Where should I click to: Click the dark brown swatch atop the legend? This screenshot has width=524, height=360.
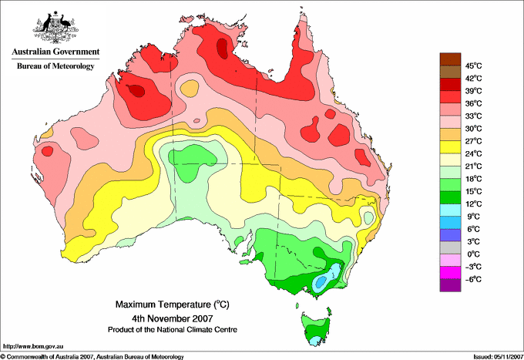tap(449, 59)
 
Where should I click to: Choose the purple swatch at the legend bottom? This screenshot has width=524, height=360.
tap(449, 285)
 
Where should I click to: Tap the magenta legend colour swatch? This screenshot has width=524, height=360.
tap(449, 272)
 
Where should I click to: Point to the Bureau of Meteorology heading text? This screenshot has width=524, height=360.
tap(55, 66)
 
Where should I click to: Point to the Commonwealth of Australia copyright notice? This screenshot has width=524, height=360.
tap(92, 356)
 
